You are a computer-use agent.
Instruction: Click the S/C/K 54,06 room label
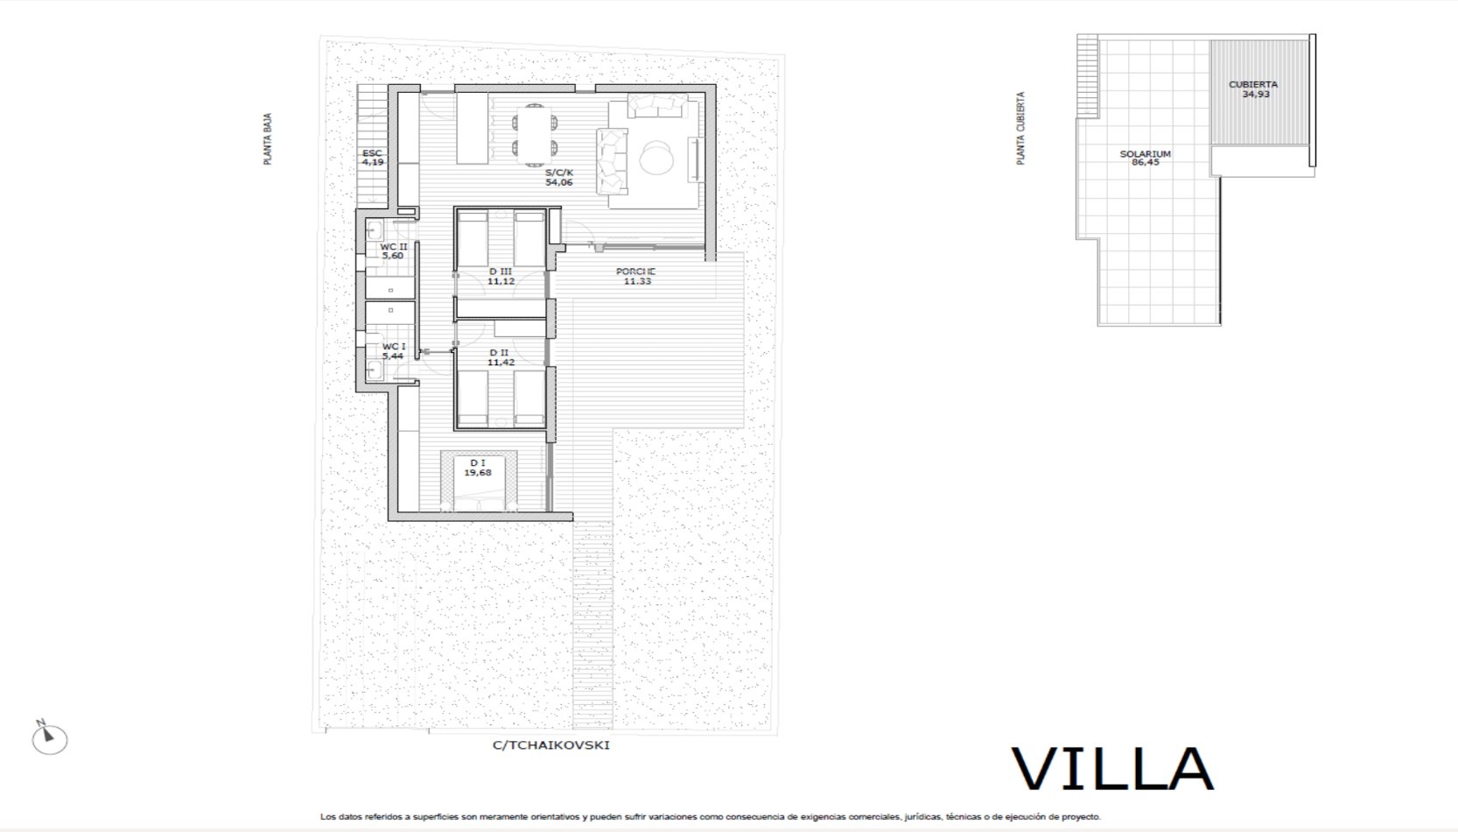(559, 177)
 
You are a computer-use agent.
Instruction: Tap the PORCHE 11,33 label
(636, 276)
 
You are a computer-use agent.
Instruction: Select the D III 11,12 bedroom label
(501, 276)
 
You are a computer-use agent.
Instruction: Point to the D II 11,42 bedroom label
(501, 357)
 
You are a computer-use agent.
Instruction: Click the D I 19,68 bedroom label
(478, 468)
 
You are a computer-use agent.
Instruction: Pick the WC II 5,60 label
(393, 250)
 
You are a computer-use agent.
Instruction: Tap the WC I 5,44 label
(393, 351)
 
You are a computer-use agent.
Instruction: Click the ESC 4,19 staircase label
(372, 158)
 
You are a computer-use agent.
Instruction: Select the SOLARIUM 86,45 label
(1145, 158)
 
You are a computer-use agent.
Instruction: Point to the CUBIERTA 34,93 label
(1253, 89)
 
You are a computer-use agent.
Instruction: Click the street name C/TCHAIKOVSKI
(550, 744)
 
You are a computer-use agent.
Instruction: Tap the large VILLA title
(1112, 770)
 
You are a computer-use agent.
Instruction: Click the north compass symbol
(50, 738)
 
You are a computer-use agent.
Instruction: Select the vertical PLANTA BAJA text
(268, 138)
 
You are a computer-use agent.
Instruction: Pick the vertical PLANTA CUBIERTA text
(1020, 129)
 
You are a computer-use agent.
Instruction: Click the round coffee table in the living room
(656, 158)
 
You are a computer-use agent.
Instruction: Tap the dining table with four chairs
(535, 135)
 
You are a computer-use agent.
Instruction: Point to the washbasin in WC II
(375, 230)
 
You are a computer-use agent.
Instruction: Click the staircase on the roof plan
(1087, 76)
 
